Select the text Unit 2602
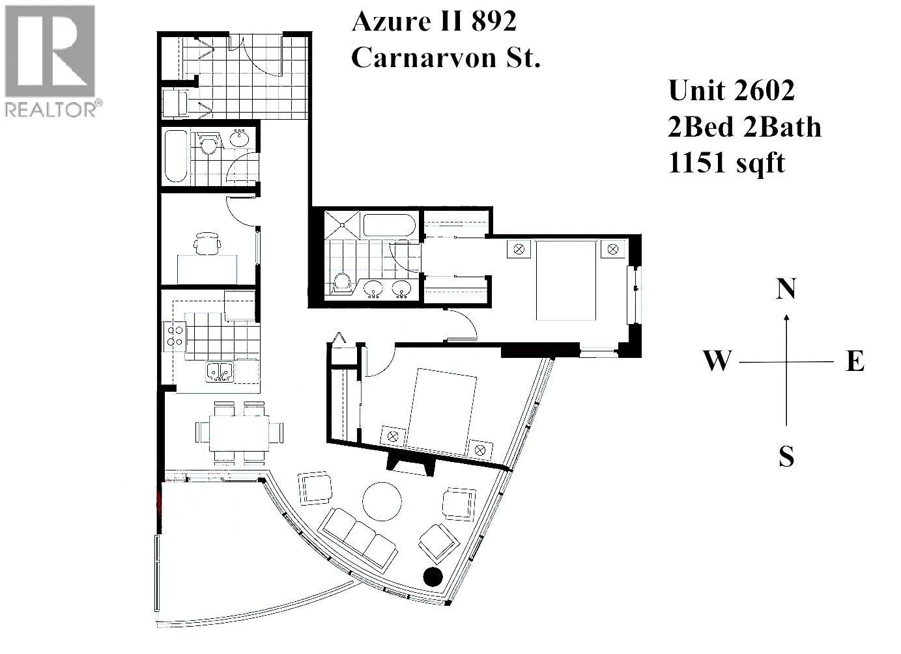731,90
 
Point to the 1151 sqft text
726,164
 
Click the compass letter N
785,288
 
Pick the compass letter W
717,361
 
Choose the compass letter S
786,456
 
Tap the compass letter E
855,361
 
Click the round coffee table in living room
382,501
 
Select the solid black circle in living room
433,577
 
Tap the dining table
239,433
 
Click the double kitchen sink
220,372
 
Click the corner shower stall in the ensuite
341,225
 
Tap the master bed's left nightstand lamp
519,249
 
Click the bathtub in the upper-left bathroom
176,156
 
